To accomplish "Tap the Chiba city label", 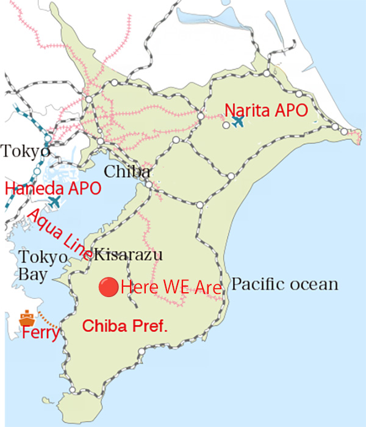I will (x=127, y=171).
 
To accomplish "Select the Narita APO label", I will (x=265, y=110).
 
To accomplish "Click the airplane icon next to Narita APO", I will (x=237, y=121).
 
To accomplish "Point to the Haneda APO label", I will (x=53, y=188).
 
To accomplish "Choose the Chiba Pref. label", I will (x=124, y=326).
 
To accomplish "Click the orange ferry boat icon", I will (x=26, y=318).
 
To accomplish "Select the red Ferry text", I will (x=40, y=334).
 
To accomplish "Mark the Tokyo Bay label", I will (x=41, y=265).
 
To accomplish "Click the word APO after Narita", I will (x=289, y=110).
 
